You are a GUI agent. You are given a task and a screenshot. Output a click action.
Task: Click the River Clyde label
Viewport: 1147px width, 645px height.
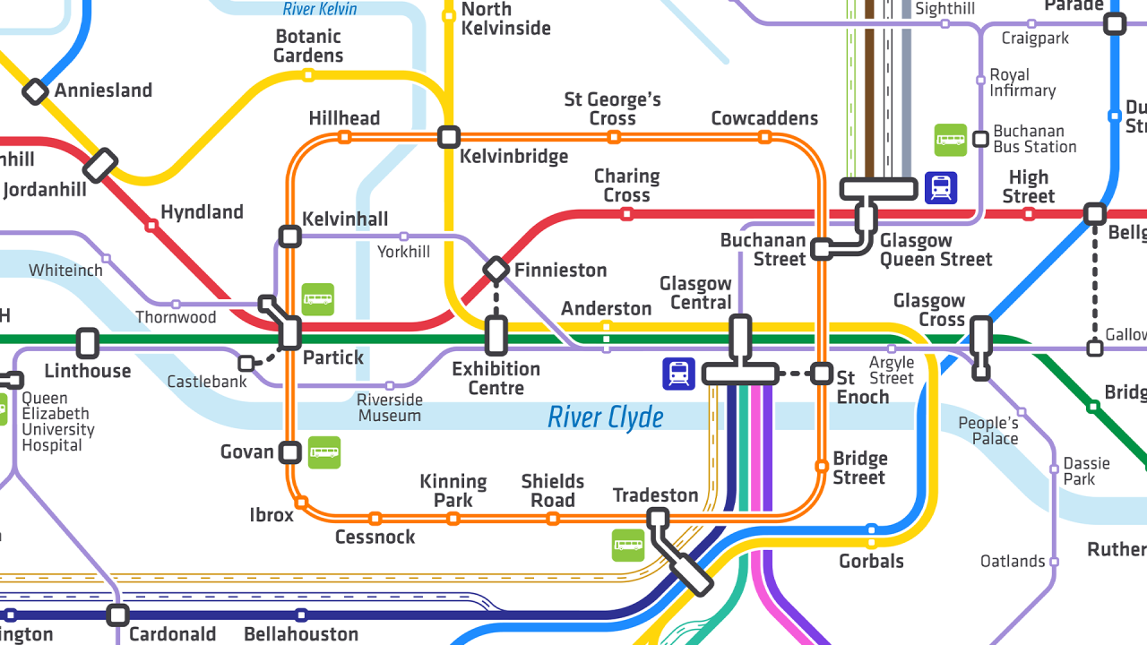click(x=606, y=417)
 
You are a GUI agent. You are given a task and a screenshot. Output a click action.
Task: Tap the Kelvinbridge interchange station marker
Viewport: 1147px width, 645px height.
click(x=449, y=137)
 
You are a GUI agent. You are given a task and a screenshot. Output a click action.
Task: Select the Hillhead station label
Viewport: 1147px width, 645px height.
click(x=344, y=118)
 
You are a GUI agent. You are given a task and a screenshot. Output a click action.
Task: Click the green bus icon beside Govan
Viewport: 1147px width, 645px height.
click(x=324, y=452)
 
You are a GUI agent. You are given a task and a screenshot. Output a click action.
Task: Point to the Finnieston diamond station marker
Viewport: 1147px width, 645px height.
click(x=496, y=269)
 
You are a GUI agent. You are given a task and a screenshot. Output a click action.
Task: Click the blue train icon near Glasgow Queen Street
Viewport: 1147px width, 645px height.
click(x=941, y=188)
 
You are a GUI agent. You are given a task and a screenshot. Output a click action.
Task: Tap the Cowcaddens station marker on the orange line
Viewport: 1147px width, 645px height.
click(x=764, y=137)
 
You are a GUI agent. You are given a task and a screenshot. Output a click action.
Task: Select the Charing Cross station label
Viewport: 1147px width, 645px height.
click(x=626, y=185)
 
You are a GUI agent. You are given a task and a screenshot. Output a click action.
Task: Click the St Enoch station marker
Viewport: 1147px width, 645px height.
click(x=822, y=374)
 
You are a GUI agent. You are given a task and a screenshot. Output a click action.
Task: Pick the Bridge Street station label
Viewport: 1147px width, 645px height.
click(x=860, y=468)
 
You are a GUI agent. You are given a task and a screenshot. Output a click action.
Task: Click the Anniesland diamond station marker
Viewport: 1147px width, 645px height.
click(x=35, y=90)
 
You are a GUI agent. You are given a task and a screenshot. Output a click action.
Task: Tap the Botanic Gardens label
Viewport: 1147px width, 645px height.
click(x=308, y=46)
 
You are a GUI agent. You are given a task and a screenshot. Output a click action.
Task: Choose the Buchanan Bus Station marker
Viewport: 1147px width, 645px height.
click(x=981, y=139)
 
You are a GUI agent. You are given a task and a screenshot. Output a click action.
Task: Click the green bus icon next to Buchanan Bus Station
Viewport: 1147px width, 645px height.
click(x=951, y=140)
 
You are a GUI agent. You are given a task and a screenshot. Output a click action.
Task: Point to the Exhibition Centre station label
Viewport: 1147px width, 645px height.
click(x=496, y=378)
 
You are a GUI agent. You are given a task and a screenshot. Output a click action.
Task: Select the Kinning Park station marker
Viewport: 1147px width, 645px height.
click(x=453, y=519)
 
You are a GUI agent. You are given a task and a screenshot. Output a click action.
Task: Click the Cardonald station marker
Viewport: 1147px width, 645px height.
click(x=117, y=615)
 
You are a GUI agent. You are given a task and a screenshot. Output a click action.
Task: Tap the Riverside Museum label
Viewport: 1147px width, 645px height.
click(x=389, y=408)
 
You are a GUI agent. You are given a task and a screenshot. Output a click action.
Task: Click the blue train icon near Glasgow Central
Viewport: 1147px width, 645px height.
click(x=679, y=374)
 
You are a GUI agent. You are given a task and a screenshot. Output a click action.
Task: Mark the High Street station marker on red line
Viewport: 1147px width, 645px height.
click(x=1028, y=214)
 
